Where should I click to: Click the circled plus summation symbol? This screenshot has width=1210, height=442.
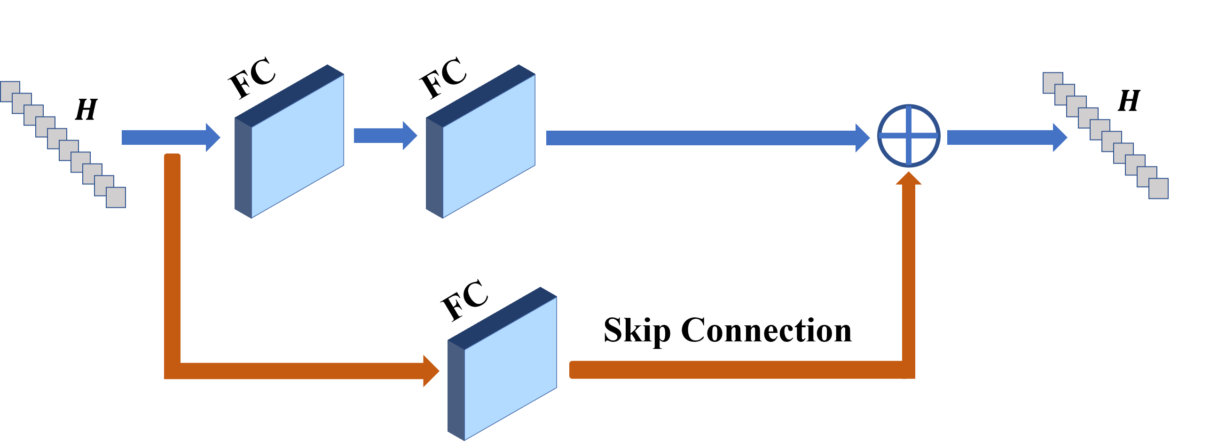coord(909,136)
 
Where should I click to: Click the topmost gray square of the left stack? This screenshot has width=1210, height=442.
coord(10,91)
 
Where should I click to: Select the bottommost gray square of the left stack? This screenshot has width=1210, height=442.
coord(116,197)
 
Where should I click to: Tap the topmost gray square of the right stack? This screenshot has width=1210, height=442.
coord(1053,83)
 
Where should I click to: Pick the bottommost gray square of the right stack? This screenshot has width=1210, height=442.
coord(1158,188)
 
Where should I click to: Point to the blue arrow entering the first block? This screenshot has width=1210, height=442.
coord(169,137)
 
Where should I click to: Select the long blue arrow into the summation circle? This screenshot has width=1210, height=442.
coord(705,138)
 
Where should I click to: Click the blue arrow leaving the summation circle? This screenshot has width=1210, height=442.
coord(1006,137)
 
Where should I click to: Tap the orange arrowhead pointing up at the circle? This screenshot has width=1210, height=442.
coord(909,179)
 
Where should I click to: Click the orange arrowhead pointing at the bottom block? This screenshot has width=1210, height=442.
coord(430,371)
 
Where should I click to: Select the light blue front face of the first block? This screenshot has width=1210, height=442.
coord(298,146)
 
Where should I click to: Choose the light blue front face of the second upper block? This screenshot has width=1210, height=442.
coord(489,146)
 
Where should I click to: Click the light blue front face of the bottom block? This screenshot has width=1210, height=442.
coord(511,368)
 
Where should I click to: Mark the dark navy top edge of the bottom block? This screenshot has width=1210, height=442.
coord(502,318)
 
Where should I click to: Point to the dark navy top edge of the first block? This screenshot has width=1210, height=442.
coord(289,95)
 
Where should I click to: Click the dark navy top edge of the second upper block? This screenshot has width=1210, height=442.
coord(480,95)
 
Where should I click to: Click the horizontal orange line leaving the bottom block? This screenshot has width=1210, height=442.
coord(733,370)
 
